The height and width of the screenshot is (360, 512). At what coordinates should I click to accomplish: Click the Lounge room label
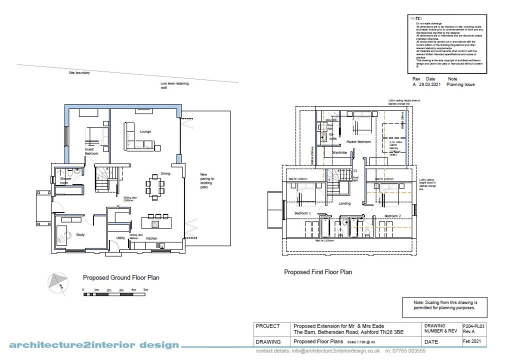[145, 131]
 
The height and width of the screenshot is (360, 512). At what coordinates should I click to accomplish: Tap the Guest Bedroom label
[91, 151]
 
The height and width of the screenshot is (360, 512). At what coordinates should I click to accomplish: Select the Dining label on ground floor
[165, 174]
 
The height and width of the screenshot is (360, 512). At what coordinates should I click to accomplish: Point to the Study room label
[80, 234]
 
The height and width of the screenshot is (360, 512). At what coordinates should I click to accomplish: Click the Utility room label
[120, 238]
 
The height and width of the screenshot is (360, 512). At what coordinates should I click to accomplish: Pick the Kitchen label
[151, 238]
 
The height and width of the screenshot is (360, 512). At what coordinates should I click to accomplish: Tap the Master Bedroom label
[359, 142]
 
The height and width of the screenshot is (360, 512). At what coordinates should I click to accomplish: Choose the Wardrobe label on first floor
[339, 152]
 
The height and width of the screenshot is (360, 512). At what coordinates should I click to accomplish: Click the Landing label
[344, 203]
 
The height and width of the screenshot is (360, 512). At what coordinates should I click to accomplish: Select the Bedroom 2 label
[392, 215]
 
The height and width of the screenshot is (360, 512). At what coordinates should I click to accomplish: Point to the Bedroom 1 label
[302, 213]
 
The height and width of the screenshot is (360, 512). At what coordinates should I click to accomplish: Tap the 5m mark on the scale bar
[145, 290]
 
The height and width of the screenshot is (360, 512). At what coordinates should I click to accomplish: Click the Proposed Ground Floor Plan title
[121, 277]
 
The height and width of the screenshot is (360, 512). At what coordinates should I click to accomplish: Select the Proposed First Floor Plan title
[318, 272]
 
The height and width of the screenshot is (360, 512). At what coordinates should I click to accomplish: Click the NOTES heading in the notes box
[416, 18]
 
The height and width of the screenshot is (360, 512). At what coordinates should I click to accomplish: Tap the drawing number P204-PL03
[474, 325]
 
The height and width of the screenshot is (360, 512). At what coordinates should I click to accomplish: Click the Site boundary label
[79, 73]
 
